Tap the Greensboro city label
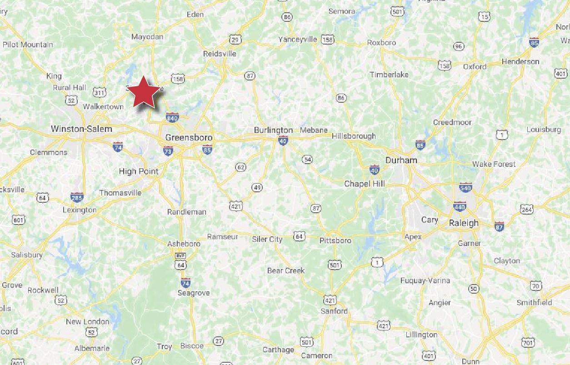coord(189,137)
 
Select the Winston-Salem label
coord(81,129)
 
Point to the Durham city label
coord(401,160)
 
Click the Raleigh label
coord(464,223)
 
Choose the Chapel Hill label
coord(365,184)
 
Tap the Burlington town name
coord(273,130)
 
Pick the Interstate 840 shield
coord(172,118)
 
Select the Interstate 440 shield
coord(460,207)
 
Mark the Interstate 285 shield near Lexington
coord(77,197)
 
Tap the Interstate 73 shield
coord(168,151)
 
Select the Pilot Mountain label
coord(28,45)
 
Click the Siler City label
coord(267,239)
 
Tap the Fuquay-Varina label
coord(425,280)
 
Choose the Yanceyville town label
coord(298,39)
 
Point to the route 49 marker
coord(257,187)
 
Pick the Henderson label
coord(520,61)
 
